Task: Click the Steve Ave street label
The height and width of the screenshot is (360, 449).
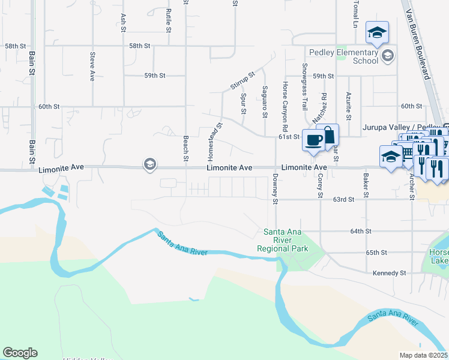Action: click(92, 67)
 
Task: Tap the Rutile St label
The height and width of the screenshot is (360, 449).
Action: click(169, 19)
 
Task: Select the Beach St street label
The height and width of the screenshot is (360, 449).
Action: click(186, 145)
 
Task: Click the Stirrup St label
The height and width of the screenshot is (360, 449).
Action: click(243, 80)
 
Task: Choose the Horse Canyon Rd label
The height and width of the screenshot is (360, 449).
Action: click(285, 107)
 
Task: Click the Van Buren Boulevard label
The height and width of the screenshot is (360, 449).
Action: click(420, 46)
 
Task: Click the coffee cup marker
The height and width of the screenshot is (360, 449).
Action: click(313, 140)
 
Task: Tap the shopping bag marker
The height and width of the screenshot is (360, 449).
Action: click(328, 134)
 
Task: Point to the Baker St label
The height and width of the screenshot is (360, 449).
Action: click(364, 186)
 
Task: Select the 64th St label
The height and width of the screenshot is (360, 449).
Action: click(361, 231)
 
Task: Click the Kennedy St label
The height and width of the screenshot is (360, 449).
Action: click(390, 273)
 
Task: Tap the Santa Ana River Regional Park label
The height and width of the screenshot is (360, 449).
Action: click(286, 240)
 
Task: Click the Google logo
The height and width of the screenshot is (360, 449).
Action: click(20, 353)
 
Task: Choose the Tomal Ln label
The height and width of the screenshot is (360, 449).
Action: click(356, 14)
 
